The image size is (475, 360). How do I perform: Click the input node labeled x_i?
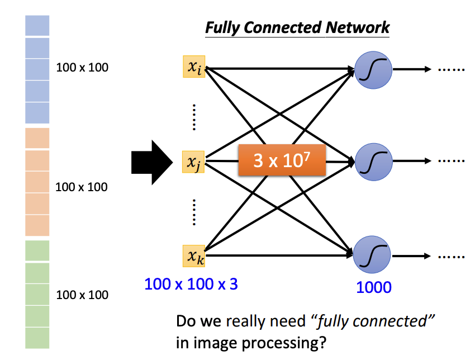193,67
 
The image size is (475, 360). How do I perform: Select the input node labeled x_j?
193,162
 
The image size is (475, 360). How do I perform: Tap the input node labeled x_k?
193,256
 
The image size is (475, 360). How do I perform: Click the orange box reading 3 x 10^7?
282,160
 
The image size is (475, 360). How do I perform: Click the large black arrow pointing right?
151,162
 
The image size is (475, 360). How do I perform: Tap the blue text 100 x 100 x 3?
191,284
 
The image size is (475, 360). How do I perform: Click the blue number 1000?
374,287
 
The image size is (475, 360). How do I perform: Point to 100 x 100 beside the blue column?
82,68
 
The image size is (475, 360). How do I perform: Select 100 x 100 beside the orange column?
81,187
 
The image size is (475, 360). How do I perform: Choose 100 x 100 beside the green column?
82,295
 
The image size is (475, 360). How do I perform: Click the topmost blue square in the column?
37,26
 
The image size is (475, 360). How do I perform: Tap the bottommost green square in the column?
37,338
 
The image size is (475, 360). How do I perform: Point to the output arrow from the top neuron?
411,70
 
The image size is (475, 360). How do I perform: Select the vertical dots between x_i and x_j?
193,117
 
